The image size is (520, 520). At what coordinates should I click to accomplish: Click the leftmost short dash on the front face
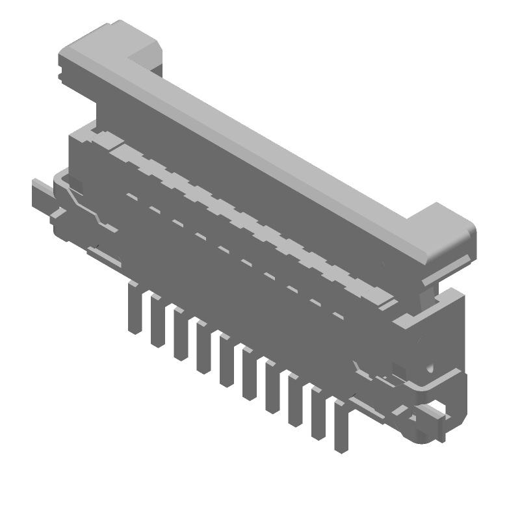[x=132, y=196]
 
